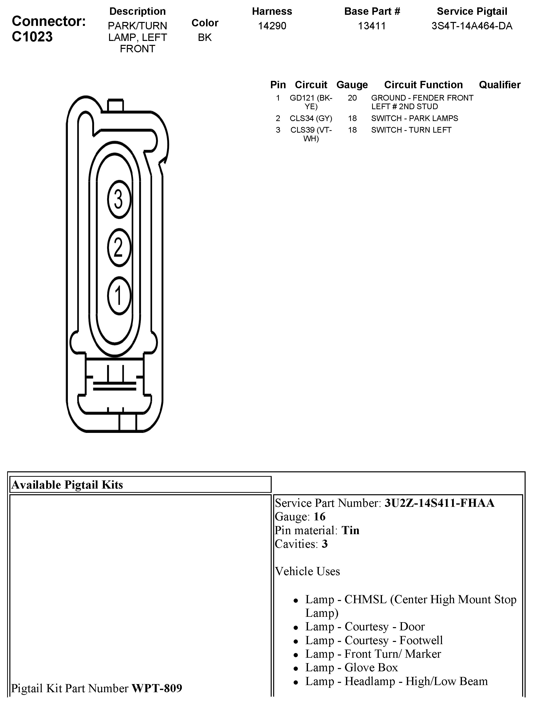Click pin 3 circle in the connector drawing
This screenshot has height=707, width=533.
click(119, 199)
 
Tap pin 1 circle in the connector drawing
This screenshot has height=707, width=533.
click(119, 296)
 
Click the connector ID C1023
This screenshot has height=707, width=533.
click(32, 37)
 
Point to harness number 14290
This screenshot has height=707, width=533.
click(272, 26)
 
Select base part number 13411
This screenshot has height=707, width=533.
click(372, 26)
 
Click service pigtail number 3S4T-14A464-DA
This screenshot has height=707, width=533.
click(472, 26)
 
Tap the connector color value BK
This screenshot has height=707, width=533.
click(205, 37)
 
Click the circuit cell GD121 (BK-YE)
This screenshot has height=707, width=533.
click(311, 102)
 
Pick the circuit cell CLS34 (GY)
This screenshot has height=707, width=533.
click(311, 118)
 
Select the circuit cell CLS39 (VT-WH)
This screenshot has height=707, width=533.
click(311, 134)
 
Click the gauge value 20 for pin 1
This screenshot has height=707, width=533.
click(352, 98)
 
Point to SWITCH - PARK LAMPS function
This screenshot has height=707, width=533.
click(415, 118)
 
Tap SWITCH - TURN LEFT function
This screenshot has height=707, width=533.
click(411, 130)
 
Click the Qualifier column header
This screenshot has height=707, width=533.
click(500, 85)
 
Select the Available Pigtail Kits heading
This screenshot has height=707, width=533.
click(67, 485)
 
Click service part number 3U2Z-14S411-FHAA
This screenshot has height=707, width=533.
click(439, 503)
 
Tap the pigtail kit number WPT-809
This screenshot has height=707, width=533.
click(157, 688)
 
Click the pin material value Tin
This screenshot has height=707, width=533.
click(351, 530)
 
